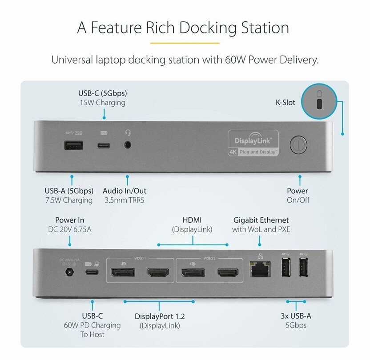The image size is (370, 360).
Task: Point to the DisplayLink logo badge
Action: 253,143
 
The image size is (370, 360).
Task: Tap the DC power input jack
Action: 69,272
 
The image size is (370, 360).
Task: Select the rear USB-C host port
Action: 92,273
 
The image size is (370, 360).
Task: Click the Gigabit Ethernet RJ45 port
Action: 259,271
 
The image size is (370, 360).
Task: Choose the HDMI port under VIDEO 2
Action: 227,273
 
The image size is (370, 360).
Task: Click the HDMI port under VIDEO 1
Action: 157,273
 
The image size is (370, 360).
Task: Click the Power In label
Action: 69,220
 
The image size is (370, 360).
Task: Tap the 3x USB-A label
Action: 296,316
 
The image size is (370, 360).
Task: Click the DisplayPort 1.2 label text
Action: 160,316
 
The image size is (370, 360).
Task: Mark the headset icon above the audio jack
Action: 129,132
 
